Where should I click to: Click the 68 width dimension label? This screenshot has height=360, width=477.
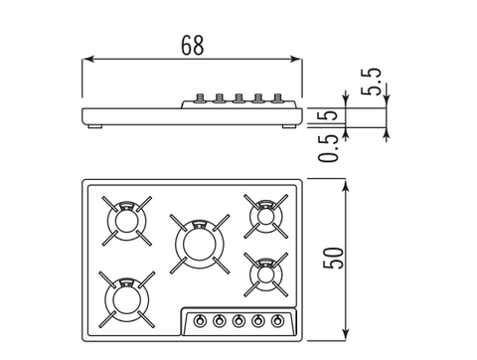193,46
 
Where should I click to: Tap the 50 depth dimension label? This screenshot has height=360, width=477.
333,258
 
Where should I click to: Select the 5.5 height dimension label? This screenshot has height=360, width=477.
371,82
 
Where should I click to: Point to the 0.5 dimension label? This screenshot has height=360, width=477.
328,148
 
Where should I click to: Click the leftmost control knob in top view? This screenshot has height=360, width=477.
200,321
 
